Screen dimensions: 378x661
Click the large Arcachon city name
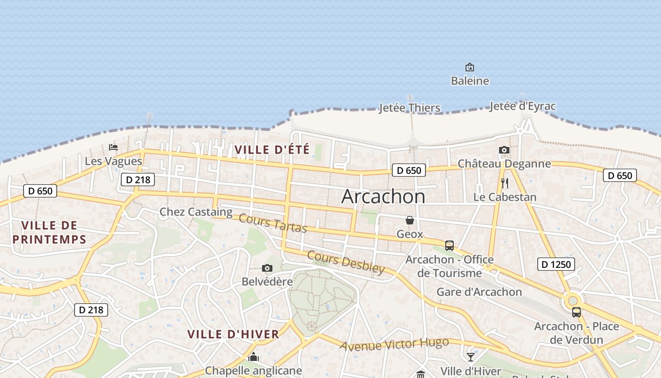383,196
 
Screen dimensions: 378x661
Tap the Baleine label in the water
470,81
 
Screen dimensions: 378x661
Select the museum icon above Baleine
470,67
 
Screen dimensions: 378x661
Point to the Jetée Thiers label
409,108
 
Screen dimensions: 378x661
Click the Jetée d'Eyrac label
522,106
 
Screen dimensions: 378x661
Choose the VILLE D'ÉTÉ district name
272,150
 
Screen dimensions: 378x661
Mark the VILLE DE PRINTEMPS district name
50,232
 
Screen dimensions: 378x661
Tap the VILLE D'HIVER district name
233,335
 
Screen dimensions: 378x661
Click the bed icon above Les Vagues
113,147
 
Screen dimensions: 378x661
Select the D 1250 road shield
556,264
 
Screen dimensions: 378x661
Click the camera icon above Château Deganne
504,150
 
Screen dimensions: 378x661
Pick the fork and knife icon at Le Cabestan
505,183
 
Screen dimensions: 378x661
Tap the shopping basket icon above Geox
410,220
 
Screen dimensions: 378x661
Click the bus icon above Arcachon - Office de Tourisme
449,246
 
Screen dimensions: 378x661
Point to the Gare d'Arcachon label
479,292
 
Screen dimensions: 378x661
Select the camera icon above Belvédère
267,268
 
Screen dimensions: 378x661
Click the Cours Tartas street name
273,223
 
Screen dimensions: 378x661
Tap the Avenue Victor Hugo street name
394,344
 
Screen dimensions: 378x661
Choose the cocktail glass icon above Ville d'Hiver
471,357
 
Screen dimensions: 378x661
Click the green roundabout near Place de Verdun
573,301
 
